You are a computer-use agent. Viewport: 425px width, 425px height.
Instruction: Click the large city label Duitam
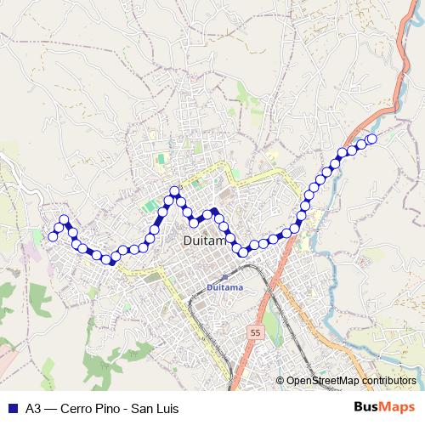(x=204, y=242)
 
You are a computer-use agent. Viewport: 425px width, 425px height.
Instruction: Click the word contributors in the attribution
(x=389, y=381)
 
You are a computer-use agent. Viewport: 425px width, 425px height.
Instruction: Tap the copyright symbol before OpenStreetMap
(x=280, y=381)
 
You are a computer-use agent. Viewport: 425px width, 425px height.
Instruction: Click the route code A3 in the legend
(x=33, y=409)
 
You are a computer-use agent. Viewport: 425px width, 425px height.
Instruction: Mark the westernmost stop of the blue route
(x=53, y=236)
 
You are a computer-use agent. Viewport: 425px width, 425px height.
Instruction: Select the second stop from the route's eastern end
(x=361, y=144)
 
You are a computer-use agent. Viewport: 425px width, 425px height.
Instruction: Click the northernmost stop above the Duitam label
(x=174, y=192)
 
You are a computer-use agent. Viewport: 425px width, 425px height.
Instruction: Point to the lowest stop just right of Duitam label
(x=244, y=250)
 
